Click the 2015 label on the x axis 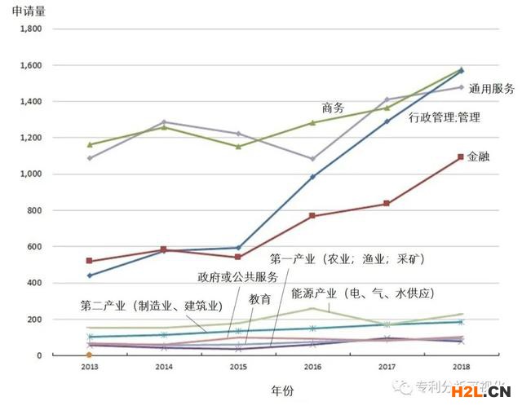(238, 368)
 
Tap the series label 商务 (333, 108)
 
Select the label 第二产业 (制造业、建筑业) (151, 306)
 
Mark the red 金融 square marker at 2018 (461, 157)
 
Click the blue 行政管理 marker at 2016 (312, 176)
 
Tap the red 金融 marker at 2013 (89, 261)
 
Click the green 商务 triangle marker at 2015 (238, 147)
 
